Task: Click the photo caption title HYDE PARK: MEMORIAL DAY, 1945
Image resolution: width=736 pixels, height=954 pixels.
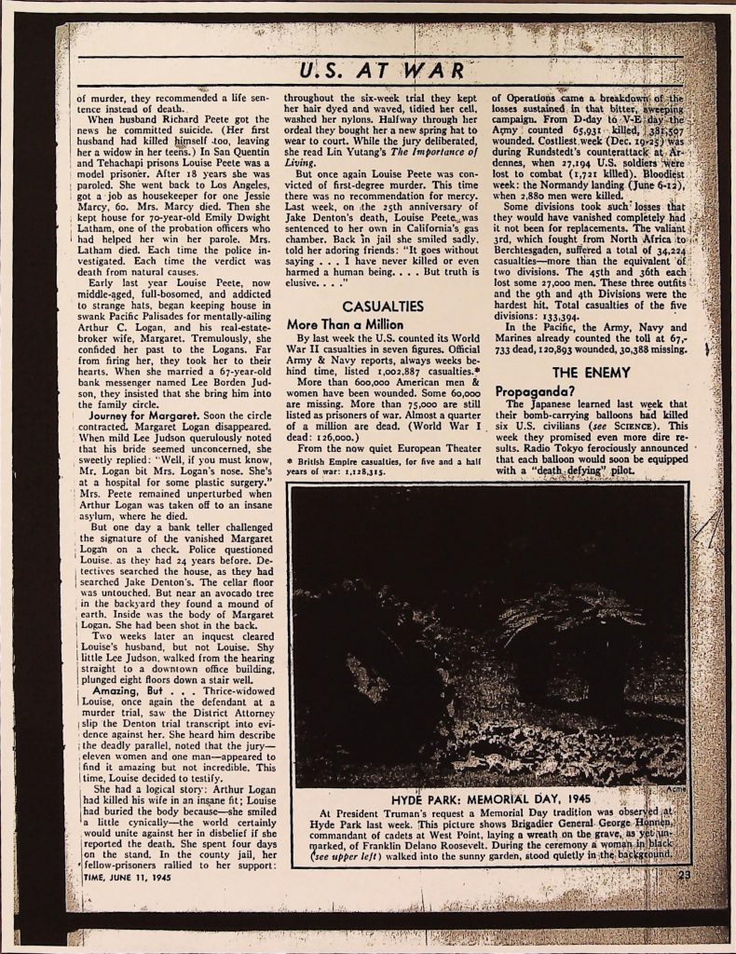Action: coord(488,799)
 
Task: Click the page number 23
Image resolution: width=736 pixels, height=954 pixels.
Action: coord(685,873)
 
